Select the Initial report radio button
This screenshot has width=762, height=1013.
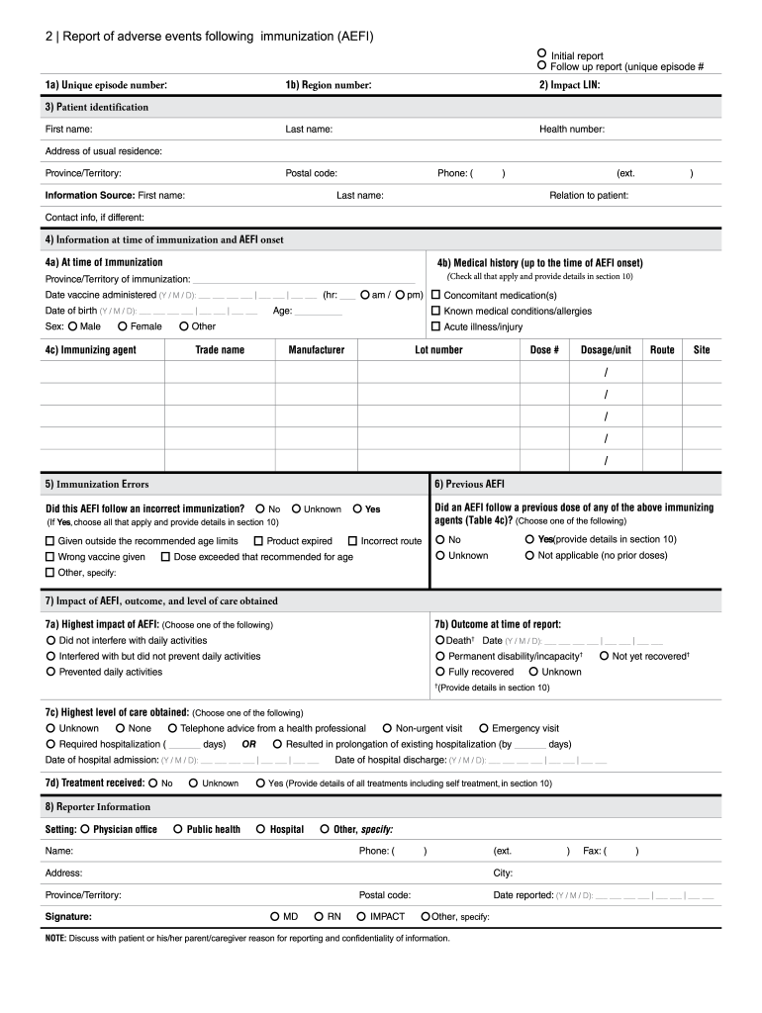541,53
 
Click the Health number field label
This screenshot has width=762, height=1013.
571,130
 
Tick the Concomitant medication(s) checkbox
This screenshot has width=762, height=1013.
435,295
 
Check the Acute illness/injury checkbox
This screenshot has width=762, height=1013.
435,326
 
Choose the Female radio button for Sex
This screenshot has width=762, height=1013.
122,326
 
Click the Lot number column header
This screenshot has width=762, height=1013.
438,350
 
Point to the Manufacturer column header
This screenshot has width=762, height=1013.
317,350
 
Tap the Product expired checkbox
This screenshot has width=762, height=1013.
258,541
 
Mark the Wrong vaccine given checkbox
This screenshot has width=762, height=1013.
50,557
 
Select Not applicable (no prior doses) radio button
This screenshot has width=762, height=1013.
529,556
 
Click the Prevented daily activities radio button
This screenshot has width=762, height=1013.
50,672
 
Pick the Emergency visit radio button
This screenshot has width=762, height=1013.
483,728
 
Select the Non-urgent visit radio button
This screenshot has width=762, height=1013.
387,728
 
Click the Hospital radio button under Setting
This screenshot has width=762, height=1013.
261,829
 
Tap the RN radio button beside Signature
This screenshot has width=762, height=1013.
319,917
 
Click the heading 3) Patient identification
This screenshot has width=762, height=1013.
96,107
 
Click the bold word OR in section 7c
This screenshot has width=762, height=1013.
249,744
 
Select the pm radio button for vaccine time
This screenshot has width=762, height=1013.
400,295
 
